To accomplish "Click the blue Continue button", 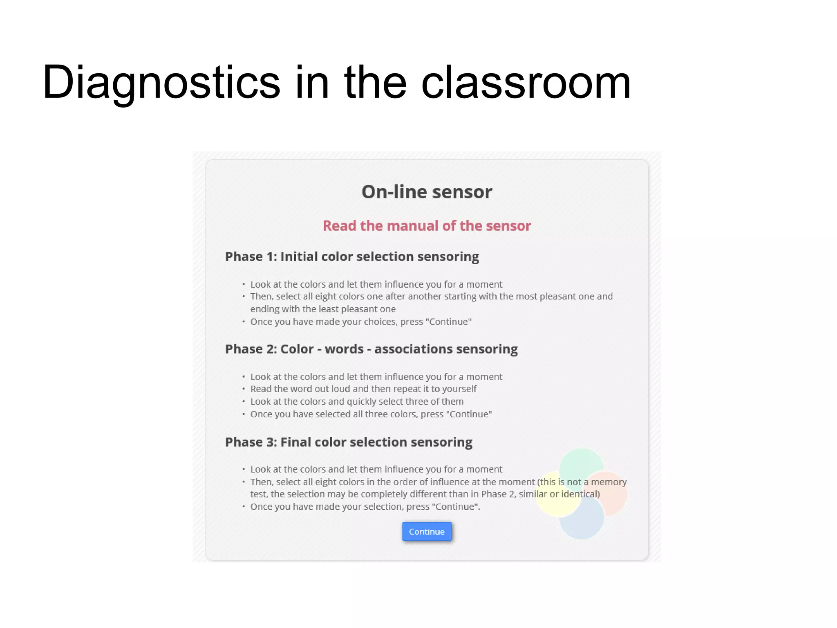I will point(427,531).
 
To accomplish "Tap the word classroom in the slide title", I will point(526,83).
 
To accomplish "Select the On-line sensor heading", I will point(427,192).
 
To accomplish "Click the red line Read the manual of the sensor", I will point(427,226).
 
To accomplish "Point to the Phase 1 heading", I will point(352,257).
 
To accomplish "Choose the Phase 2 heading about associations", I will point(371,349).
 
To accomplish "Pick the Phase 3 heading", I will point(349,442).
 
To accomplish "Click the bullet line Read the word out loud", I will point(363,389).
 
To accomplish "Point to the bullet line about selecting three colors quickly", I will point(357,401).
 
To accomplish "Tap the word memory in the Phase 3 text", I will point(609,482).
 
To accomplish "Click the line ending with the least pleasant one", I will point(323,309).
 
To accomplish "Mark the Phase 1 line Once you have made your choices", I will point(361,322).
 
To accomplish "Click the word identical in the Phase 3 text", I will point(580,494).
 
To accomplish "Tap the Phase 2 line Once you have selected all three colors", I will point(371,414).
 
